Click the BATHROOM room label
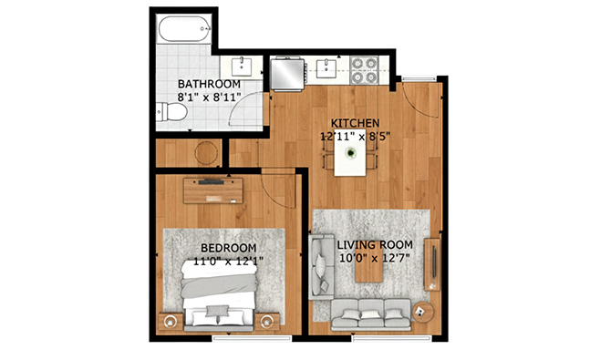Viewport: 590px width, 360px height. (x=209, y=84)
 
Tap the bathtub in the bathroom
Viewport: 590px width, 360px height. (x=184, y=28)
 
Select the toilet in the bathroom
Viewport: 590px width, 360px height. (x=171, y=112)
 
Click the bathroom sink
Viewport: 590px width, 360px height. (x=242, y=67)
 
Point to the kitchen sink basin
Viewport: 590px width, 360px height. (x=326, y=68)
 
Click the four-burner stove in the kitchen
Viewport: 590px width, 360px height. (x=365, y=70)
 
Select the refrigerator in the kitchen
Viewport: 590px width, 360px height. (x=288, y=74)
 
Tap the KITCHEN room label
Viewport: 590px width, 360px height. (x=355, y=123)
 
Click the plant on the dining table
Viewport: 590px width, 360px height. (x=351, y=152)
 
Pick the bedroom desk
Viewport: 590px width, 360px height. (x=213, y=190)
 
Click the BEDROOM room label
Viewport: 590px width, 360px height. (x=228, y=248)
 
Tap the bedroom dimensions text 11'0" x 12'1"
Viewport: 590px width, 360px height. (x=228, y=261)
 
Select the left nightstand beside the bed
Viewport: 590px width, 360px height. (x=171, y=321)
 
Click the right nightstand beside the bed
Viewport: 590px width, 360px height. (x=267, y=321)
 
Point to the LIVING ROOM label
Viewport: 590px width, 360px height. (x=375, y=245)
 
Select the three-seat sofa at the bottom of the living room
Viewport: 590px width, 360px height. (x=371, y=314)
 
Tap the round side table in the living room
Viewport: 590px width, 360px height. (x=422, y=312)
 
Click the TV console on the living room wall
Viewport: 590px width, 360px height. (x=432, y=264)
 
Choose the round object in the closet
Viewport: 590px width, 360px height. (x=206, y=153)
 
